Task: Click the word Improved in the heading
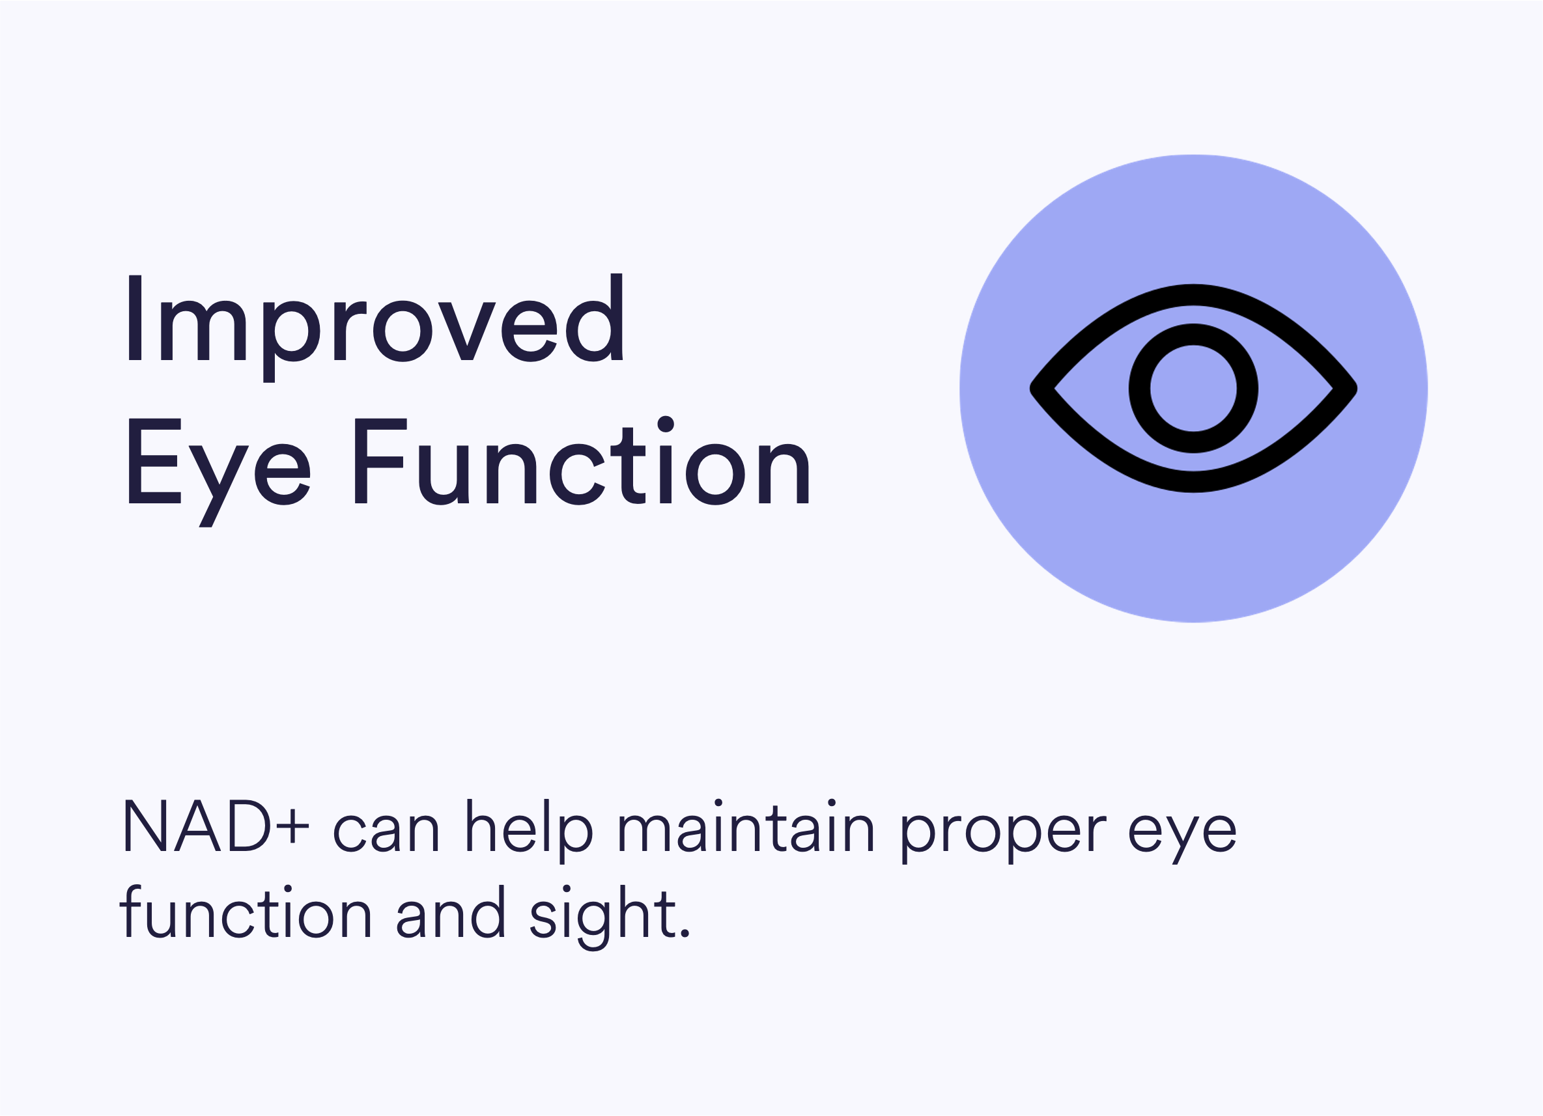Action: [376, 327]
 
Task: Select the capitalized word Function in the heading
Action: [582, 460]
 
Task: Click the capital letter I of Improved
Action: [135, 318]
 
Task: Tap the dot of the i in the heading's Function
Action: [666, 424]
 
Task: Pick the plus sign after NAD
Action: [292, 827]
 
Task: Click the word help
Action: [530, 830]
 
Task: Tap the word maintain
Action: [746, 825]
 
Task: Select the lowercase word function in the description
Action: [246, 912]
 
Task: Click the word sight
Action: [602, 917]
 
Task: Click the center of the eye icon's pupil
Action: [1193, 388]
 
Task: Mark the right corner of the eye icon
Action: [1356, 388]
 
